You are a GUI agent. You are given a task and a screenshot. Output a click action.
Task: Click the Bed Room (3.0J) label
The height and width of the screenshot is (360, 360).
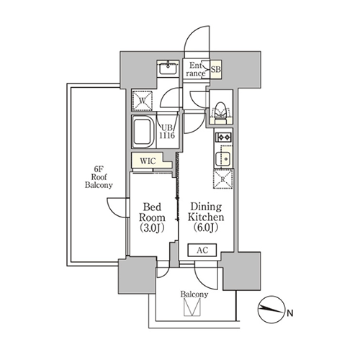point(152,217)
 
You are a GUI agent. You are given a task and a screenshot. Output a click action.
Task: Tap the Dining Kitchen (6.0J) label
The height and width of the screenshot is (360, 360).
point(206,217)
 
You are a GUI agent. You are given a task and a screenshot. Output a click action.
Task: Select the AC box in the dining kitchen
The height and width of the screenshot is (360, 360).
point(202,250)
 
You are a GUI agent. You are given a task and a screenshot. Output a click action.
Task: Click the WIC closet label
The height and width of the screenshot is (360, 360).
point(148,161)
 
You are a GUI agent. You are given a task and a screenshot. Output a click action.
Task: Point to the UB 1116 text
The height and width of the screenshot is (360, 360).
point(167,131)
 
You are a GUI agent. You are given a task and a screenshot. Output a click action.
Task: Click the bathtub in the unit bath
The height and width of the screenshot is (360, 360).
point(143,131)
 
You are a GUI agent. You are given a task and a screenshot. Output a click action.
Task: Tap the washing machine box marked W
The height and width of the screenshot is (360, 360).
point(143,101)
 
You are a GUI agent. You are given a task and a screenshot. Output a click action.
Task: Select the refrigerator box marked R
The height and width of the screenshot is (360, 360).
point(223,179)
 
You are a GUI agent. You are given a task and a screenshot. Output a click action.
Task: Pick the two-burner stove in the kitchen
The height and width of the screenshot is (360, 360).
point(223,138)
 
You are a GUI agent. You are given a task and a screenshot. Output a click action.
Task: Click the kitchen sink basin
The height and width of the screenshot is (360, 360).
point(223,159)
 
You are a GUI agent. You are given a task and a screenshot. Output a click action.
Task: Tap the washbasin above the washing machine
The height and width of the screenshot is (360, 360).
point(168,68)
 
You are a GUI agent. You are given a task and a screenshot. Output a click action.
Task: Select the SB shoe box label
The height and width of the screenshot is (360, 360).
point(216,69)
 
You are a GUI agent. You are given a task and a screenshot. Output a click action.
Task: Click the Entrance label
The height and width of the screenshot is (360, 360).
point(196,69)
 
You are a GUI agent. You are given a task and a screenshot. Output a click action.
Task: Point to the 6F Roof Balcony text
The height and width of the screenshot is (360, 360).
point(99,177)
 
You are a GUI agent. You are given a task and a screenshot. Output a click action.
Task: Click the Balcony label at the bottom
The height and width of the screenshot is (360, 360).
point(194,294)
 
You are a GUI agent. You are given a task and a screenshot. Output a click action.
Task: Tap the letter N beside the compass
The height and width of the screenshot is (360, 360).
point(290,313)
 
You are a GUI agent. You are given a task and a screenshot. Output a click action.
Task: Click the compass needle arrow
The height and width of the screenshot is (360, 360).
point(271,310)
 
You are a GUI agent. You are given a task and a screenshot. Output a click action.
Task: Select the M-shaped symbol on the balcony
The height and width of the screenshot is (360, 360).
point(192,307)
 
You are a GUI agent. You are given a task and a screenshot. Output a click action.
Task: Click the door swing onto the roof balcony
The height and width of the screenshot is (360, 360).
point(117,207)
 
